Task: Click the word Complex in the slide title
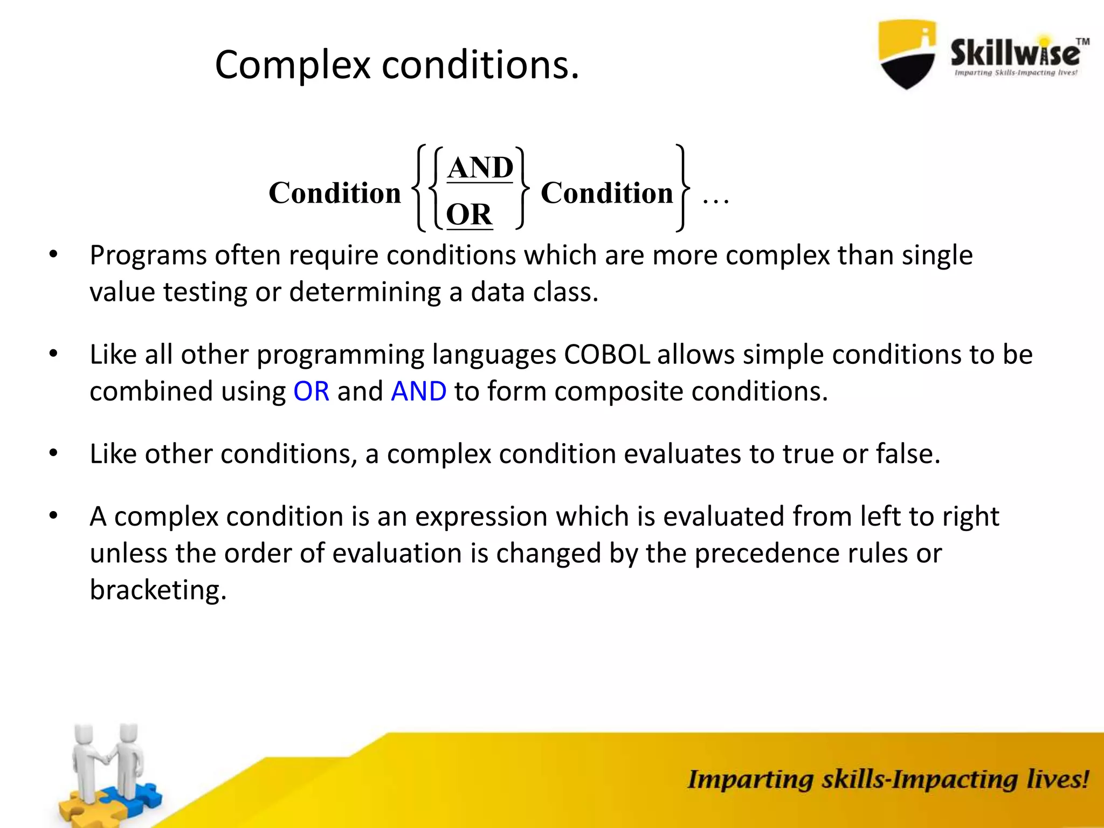[x=293, y=65]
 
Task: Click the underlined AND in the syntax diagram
[x=480, y=168]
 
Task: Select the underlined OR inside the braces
[x=469, y=215]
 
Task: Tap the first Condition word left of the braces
[x=335, y=193]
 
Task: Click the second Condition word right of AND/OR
[x=606, y=193]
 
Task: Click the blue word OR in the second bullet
[x=311, y=391]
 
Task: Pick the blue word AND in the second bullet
[x=419, y=391]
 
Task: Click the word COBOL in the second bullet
[x=607, y=355]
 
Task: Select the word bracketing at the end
[x=158, y=590]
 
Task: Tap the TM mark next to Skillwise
[x=1082, y=42]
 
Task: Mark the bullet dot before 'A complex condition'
[x=53, y=516]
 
